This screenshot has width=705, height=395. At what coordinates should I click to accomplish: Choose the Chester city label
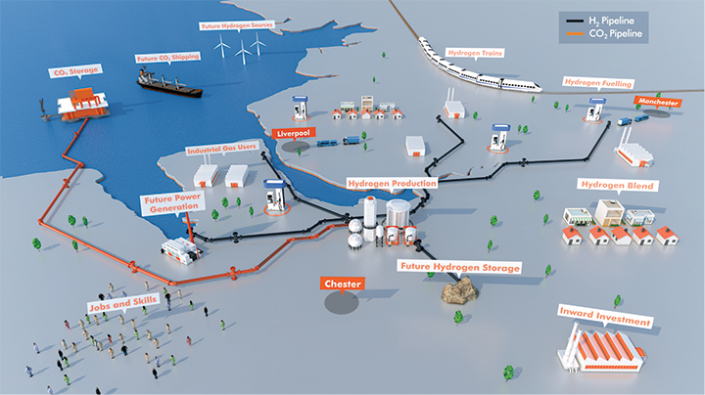click(343, 284)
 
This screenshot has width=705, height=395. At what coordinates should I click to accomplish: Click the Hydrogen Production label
click(392, 183)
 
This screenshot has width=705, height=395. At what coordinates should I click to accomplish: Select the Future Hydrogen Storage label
click(459, 266)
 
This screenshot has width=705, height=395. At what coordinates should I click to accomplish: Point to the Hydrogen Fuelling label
click(597, 84)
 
